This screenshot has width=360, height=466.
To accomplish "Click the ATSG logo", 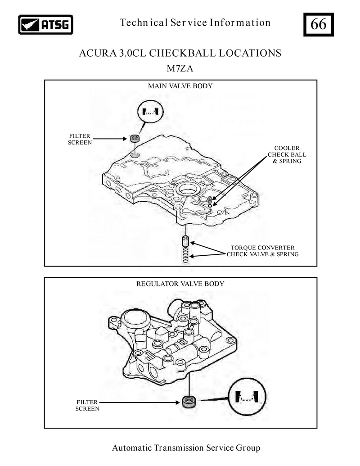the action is pyautogui.click(x=45, y=25).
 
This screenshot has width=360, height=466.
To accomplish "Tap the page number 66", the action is pyautogui.click(x=319, y=24).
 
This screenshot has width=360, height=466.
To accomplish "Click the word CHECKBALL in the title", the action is pyautogui.click(x=182, y=53).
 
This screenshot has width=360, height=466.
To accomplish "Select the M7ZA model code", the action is pyautogui.click(x=180, y=68).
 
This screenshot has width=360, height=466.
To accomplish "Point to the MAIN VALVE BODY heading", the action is pyautogui.click(x=180, y=86).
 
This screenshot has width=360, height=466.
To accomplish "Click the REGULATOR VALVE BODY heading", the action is pyautogui.click(x=180, y=284).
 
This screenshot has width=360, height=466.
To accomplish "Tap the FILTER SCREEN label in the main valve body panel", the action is pyautogui.click(x=80, y=139).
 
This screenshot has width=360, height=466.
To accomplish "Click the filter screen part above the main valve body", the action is pyautogui.click(x=135, y=138).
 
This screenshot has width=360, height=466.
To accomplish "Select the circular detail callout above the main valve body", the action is pyautogui.click(x=151, y=112).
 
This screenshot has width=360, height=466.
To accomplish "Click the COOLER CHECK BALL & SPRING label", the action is pyautogui.click(x=287, y=154).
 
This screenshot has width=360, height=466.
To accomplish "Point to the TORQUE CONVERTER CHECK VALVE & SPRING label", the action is pyautogui.click(x=262, y=251).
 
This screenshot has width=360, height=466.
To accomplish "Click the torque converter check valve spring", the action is pyautogui.click(x=186, y=255).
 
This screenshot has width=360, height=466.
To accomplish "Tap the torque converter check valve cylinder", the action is pyautogui.click(x=186, y=241).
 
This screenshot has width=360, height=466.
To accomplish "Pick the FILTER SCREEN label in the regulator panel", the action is pyautogui.click(x=87, y=405).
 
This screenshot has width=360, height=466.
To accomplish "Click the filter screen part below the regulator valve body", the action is pyautogui.click(x=189, y=402).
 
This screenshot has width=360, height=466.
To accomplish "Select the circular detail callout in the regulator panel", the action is pyautogui.click(x=247, y=397).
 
